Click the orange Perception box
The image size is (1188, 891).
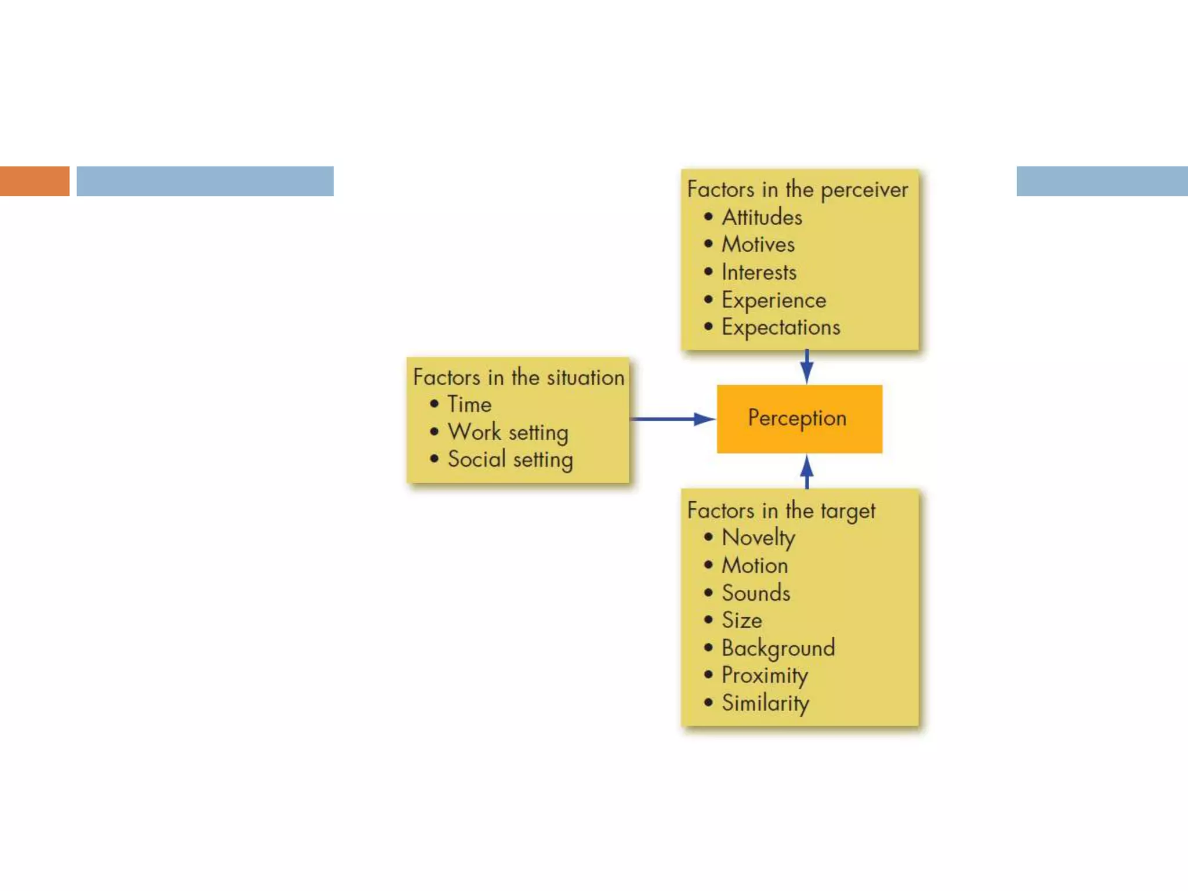(799, 418)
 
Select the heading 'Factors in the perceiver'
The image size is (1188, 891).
(797, 190)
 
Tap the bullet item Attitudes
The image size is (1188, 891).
(762, 218)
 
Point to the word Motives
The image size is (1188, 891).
(758, 244)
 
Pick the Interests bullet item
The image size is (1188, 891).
(759, 272)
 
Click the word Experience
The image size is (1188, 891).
(773, 300)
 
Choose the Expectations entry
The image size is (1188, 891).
(780, 327)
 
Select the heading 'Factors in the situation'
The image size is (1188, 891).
(518, 378)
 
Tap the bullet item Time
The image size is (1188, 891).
(469, 404)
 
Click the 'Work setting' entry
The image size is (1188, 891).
(508, 432)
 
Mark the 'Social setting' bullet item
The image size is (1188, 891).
(510, 459)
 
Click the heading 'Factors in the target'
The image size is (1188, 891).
(781, 511)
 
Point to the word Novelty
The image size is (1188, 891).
(758, 538)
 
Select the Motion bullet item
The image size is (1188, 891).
(754, 566)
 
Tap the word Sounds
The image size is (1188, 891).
(755, 593)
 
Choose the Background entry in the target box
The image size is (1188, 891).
(778, 648)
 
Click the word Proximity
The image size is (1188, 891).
(765, 675)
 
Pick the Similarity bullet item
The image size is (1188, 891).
(765, 703)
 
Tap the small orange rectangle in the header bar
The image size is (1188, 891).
(34, 181)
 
